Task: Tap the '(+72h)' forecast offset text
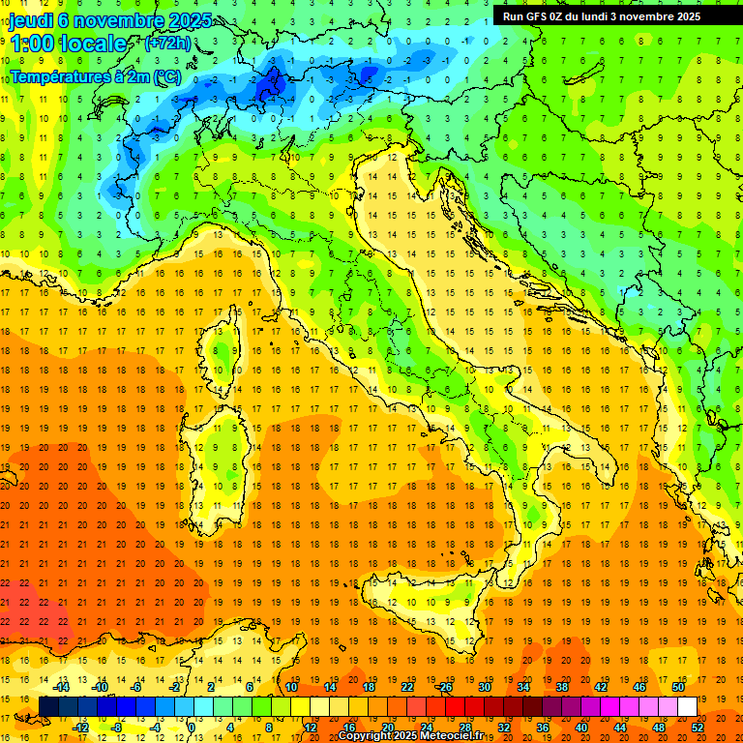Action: [166, 44]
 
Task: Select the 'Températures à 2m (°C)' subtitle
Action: [95, 75]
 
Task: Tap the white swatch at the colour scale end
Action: [687, 706]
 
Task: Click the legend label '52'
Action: [698, 728]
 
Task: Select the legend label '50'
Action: [677, 686]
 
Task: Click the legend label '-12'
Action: [80, 728]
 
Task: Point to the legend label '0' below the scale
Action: [192, 728]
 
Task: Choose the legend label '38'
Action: [561, 686]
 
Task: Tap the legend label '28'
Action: [464, 728]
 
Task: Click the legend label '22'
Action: [407, 686]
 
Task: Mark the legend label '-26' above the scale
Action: [444, 686]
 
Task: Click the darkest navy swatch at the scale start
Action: [48, 706]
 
